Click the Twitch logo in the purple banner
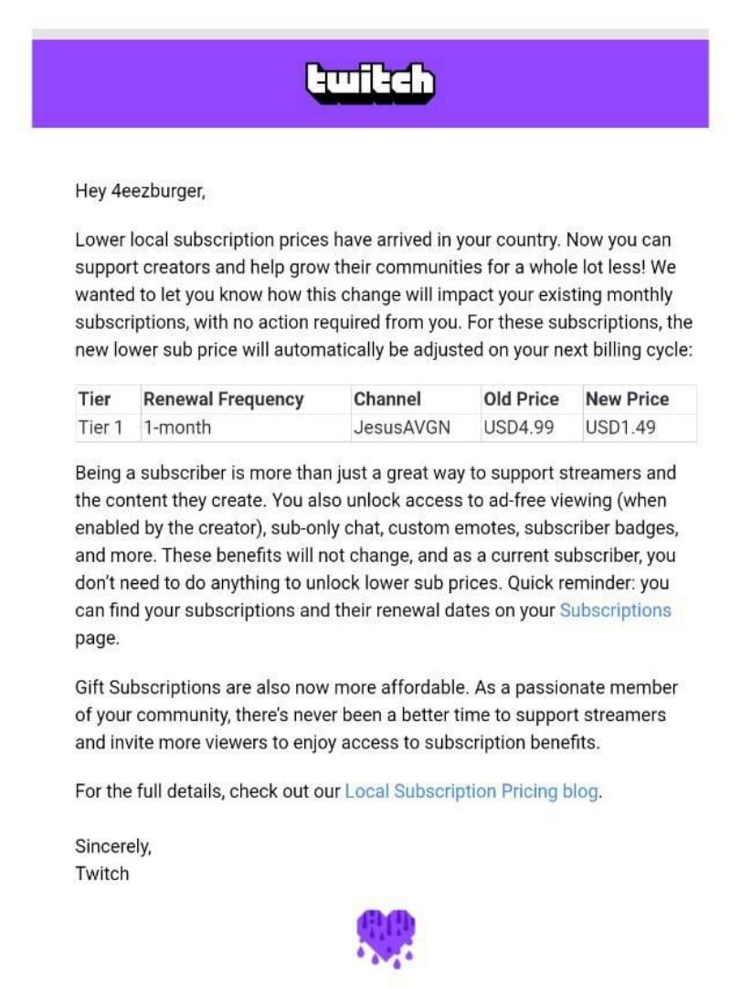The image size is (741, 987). [370, 83]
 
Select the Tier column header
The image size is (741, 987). [94, 399]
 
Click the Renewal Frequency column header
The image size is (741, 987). [223, 399]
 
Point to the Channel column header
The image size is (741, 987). [387, 399]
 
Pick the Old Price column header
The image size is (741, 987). [521, 399]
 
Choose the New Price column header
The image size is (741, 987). [627, 399]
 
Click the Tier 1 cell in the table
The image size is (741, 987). [100, 427]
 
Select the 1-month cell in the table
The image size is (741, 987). [177, 427]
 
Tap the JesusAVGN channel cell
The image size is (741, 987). [401, 427]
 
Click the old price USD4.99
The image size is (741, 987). [518, 427]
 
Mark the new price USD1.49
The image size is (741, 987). [620, 427]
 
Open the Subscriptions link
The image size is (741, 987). [615, 610]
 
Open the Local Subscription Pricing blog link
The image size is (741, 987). [471, 791]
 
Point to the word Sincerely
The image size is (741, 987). [113, 846]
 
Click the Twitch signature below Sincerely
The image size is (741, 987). [101, 873]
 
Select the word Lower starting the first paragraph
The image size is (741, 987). [99, 241]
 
